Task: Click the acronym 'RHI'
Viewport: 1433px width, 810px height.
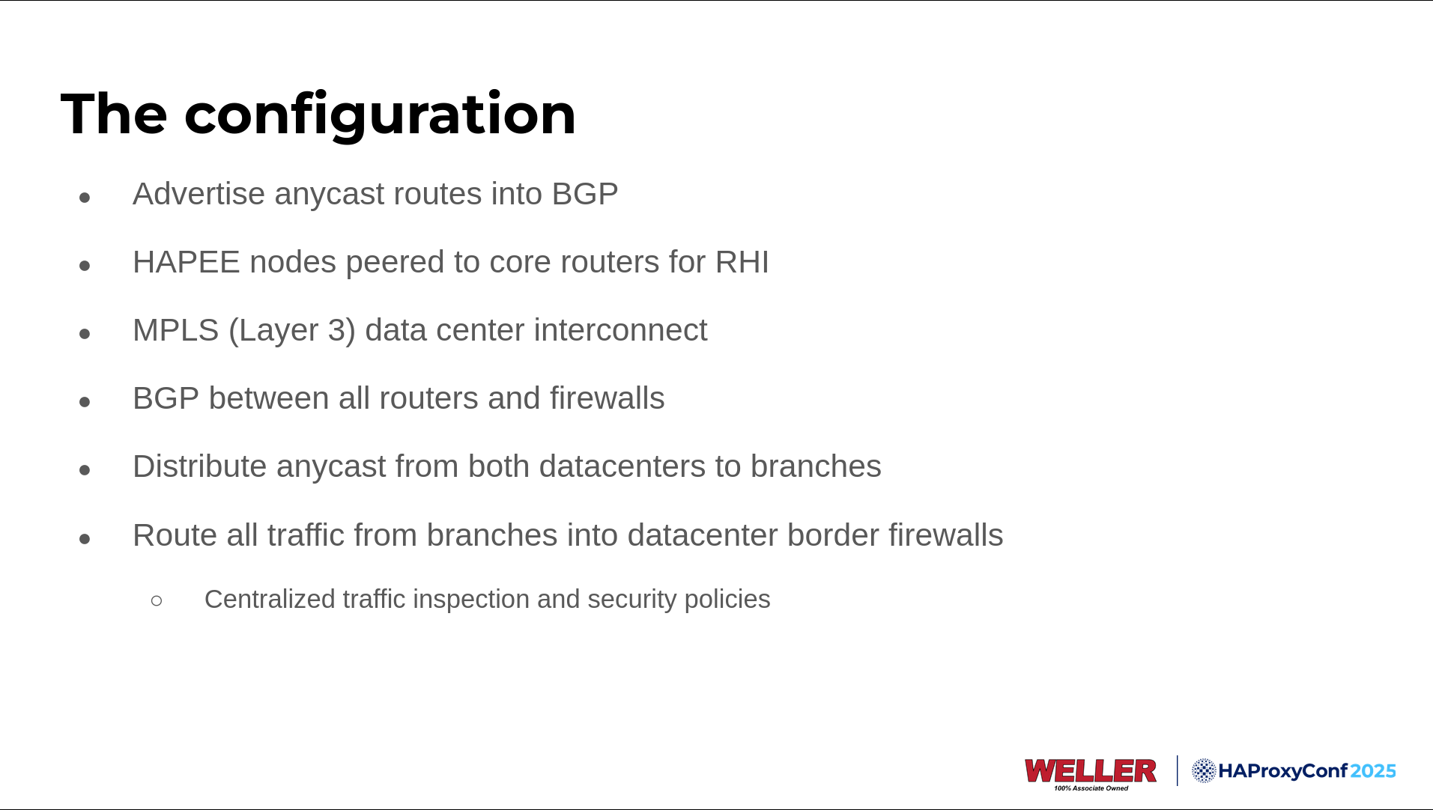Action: point(742,262)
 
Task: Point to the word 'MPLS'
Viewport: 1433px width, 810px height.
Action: point(176,330)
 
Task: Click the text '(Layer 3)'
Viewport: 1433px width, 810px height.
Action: point(292,331)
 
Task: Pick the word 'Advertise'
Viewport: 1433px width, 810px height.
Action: point(199,194)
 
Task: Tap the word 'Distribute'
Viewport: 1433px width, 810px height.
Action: point(200,466)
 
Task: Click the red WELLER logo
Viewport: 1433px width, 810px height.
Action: point(1091,770)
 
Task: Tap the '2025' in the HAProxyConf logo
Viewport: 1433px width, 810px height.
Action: point(1374,771)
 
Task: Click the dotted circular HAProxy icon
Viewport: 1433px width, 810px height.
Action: point(1204,770)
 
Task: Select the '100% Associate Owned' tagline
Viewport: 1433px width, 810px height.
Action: point(1091,788)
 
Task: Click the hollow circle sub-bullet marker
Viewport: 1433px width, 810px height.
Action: point(157,600)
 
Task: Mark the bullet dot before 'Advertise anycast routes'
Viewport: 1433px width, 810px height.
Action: point(85,198)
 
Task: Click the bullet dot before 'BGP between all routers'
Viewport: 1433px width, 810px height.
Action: point(85,402)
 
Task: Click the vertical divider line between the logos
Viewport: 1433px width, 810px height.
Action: point(1177,770)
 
